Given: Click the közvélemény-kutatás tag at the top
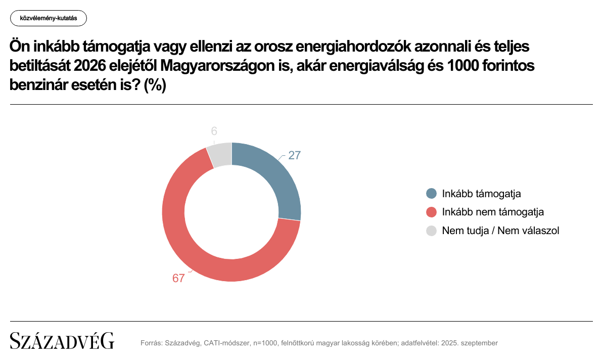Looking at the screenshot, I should (49, 19).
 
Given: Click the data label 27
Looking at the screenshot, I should (295, 156).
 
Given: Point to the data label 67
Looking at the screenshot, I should (178, 278).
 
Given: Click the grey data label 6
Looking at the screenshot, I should (214, 131).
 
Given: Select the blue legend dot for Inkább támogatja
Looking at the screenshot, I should (431, 194).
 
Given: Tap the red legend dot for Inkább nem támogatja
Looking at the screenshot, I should (431, 212).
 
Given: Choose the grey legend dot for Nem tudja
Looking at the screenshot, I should (431, 231).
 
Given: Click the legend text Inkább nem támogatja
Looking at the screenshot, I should (493, 212).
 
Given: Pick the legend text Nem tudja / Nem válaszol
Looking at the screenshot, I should (500, 231).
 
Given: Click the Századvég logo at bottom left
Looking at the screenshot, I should (62, 341).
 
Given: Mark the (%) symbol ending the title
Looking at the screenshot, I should (155, 85).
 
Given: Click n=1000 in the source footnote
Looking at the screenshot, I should (263, 343).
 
